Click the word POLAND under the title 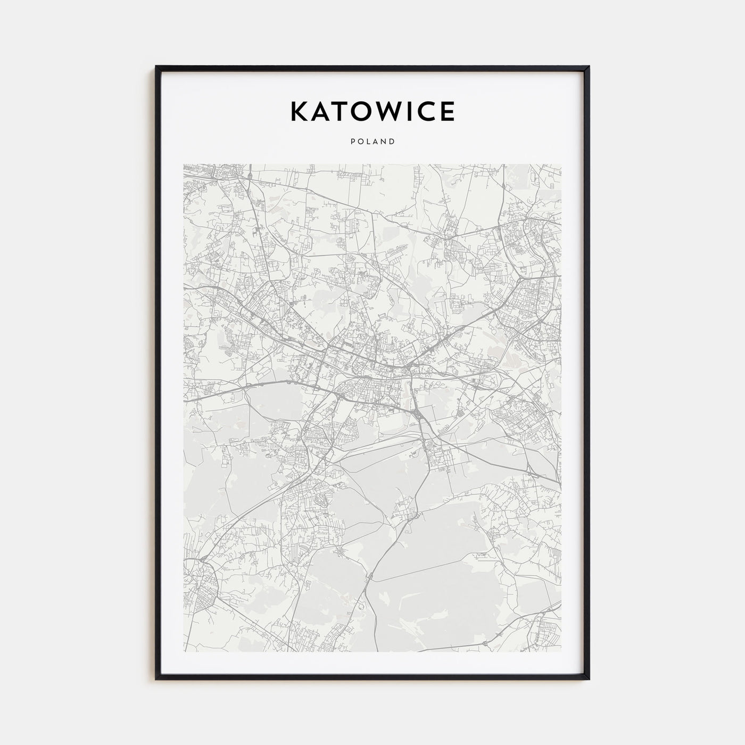point(372,142)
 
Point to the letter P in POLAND point(352,142)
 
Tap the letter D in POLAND point(392,142)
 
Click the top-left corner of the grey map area point(184,164)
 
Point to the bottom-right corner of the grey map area point(561,651)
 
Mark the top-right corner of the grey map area point(561,164)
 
